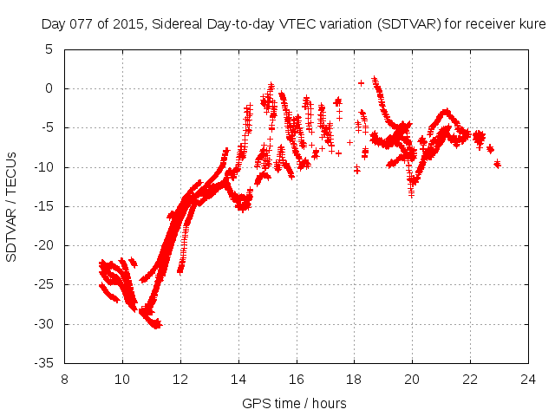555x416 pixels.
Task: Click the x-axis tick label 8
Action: point(64,379)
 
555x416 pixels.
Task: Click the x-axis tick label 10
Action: point(122,379)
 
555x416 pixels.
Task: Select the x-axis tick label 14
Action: point(238,379)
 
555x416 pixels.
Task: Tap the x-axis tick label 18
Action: point(354,379)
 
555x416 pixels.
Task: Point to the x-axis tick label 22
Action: point(469,379)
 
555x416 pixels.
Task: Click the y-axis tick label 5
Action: point(50,49)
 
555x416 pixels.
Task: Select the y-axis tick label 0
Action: point(50,88)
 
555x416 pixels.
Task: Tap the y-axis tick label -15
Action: point(44,206)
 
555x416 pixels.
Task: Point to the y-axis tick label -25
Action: point(44,285)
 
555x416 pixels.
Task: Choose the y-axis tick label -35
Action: point(44,363)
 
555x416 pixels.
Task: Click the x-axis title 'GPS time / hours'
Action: point(296,403)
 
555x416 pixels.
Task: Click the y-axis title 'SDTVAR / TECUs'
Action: point(12,205)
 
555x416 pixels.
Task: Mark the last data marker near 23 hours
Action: point(497,164)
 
